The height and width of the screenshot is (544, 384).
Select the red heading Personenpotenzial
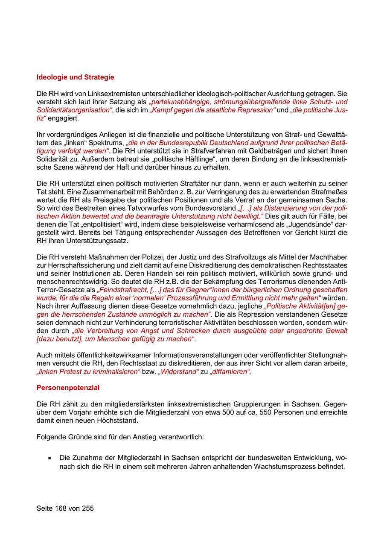pos(68,388)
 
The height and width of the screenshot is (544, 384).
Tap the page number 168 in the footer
pos(62,508)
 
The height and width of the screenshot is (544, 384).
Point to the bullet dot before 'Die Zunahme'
pos(50,458)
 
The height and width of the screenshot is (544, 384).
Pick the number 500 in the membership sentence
pos(224,412)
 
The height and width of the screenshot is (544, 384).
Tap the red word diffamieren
pos(230,371)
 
